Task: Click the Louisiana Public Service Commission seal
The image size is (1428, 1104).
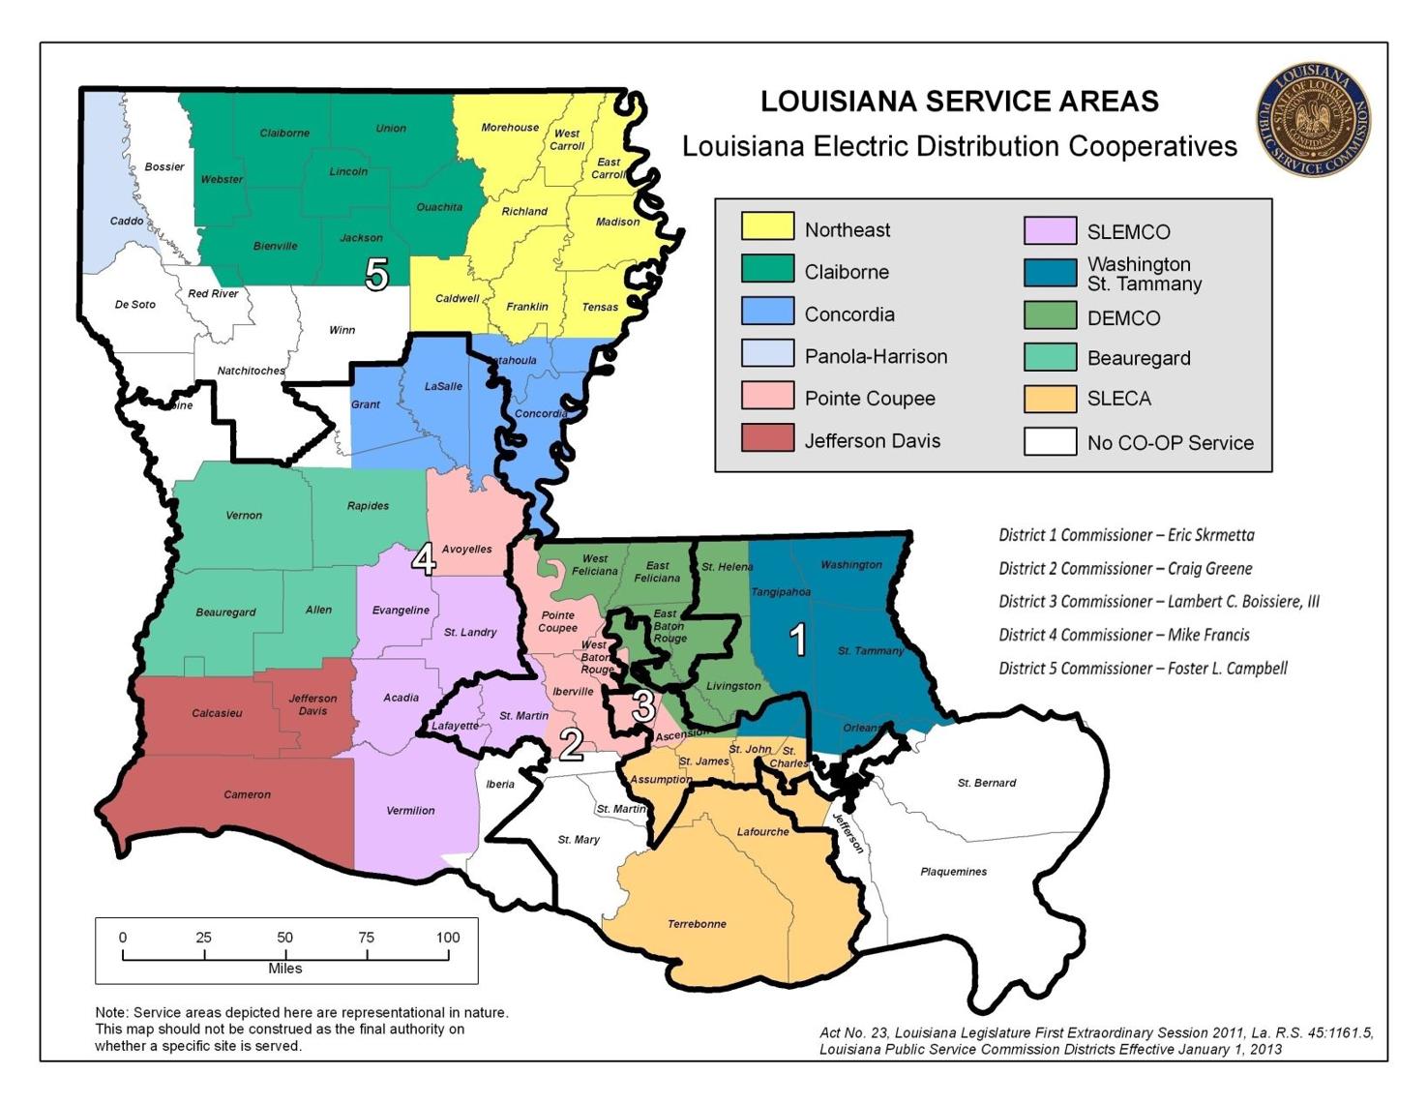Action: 1313,120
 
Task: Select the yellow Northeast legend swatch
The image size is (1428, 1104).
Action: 767,226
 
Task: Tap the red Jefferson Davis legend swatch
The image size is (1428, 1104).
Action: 767,438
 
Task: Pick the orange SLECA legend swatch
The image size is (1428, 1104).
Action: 1050,399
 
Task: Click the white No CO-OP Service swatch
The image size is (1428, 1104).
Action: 1050,441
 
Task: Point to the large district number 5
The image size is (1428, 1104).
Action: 376,275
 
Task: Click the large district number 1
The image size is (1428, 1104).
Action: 798,640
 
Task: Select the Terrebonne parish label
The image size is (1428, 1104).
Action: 697,924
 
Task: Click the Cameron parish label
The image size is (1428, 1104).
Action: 247,794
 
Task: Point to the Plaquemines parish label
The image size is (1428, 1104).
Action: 953,872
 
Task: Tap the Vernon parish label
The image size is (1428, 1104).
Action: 244,516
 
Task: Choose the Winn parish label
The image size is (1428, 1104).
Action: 342,330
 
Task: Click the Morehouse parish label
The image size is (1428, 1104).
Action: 510,128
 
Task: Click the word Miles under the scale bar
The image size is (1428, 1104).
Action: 285,969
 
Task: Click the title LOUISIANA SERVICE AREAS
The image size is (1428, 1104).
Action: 959,102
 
